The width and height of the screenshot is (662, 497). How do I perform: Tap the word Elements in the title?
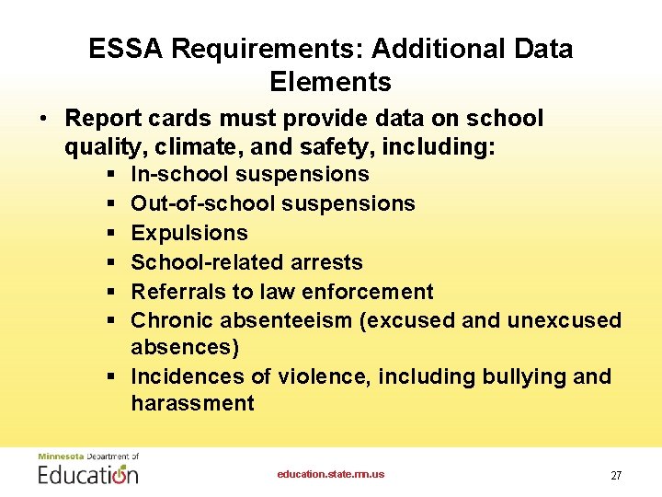(x=331, y=82)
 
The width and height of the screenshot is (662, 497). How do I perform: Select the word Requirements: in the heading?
(x=267, y=49)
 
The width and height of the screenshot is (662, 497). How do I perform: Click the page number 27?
(x=616, y=476)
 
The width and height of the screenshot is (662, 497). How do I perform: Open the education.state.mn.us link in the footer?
(x=331, y=474)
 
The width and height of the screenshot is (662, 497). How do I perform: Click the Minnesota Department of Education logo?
(x=88, y=469)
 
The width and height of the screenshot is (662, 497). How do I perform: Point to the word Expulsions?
(x=189, y=233)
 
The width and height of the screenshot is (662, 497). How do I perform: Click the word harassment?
(x=193, y=403)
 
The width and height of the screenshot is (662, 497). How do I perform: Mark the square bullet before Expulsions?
(x=110, y=233)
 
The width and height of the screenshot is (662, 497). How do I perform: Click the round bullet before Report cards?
(x=43, y=120)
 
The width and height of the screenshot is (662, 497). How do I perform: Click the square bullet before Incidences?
(x=110, y=376)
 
